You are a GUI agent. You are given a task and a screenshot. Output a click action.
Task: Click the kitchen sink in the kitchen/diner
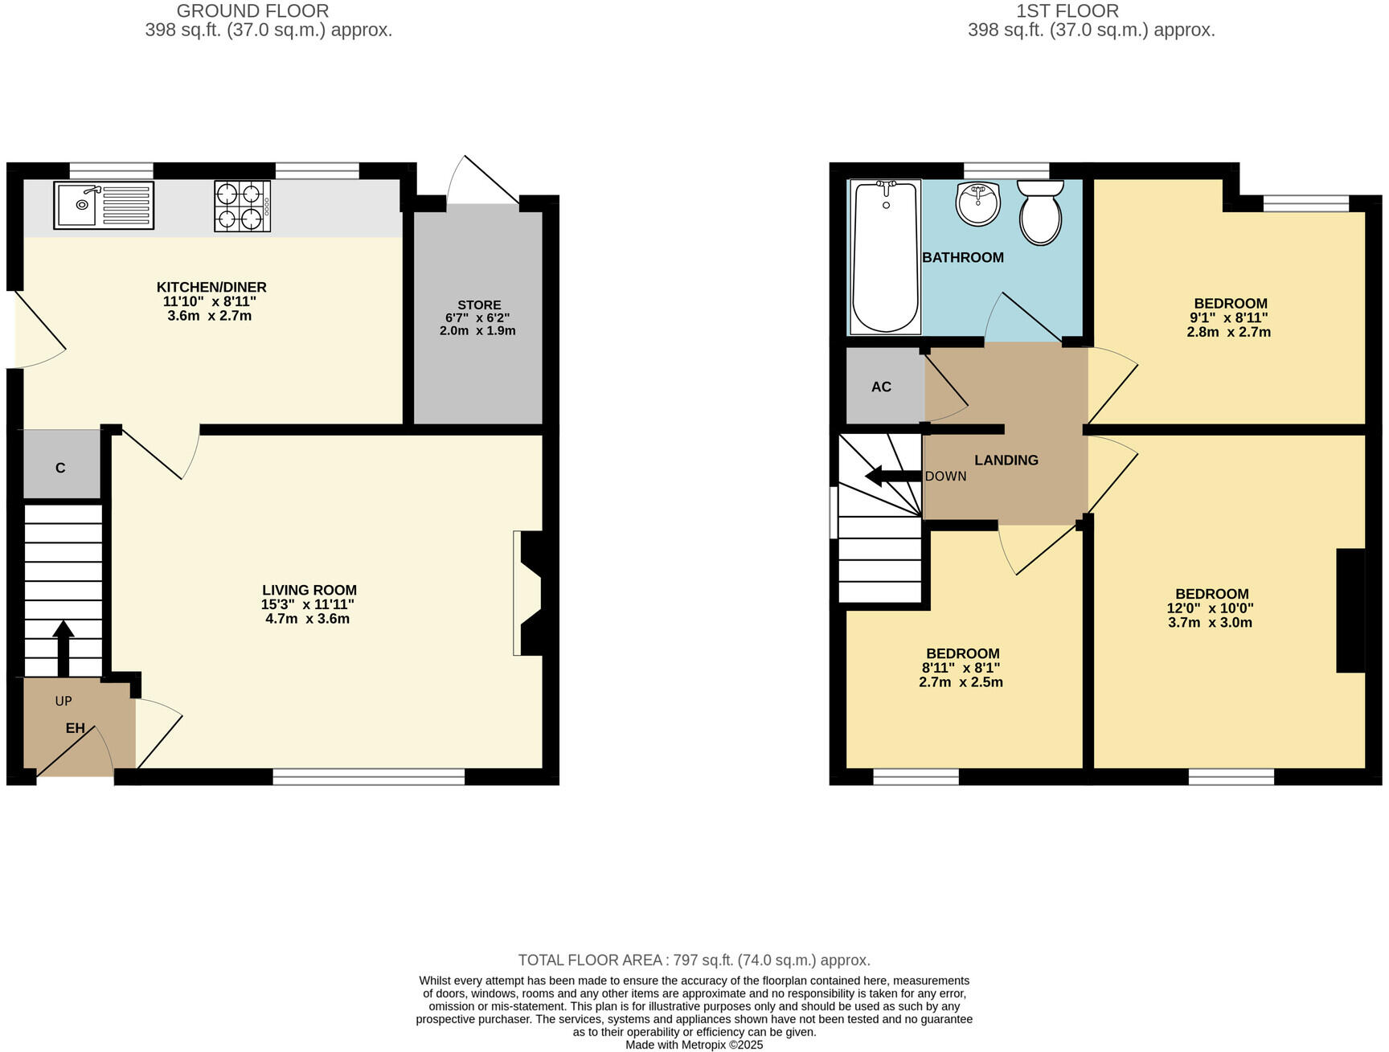pyautogui.click(x=103, y=205)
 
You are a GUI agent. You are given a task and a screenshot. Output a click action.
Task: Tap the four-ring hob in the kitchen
pyautogui.click(x=241, y=206)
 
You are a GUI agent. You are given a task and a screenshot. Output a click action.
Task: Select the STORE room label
pyautogui.click(x=479, y=305)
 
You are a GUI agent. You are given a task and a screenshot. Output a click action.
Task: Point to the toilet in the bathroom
pyautogui.click(x=1040, y=213)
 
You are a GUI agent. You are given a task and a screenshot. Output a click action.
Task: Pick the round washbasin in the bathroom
pyautogui.click(x=977, y=203)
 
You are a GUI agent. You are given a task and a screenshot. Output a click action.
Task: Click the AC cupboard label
pyautogui.click(x=881, y=387)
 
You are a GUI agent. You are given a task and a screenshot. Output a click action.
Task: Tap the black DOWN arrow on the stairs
pyautogui.click(x=891, y=477)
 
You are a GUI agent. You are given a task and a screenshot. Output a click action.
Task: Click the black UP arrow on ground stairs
pyautogui.click(x=64, y=646)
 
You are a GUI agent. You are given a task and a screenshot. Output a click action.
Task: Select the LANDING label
pyautogui.click(x=1006, y=460)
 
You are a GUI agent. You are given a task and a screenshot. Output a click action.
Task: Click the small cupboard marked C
pyautogui.click(x=60, y=467)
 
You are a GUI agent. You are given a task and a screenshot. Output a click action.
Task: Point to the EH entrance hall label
pyautogui.click(x=75, y=728)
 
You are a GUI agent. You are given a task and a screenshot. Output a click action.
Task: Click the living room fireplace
pyautogui.click(x=531, y=593)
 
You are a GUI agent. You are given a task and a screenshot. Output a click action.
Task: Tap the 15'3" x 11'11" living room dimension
pyautogui.click(x=308, y=604)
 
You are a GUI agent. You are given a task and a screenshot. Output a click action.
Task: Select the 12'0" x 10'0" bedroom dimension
pyautogui.click(x=1210, y=608)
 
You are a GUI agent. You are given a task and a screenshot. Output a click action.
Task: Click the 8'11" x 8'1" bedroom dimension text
pyautogui.click(x=961, y=668)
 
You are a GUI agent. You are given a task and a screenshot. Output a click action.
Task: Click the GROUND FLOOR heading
pyautogui.click(x=252, y=11)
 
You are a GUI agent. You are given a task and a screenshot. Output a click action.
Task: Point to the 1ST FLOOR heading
pyautogui.click(x=1067, y=11)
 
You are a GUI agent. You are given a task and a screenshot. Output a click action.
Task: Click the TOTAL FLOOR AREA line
pyautogui.click(x=694, y=960)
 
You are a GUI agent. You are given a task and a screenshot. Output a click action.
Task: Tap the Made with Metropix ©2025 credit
pyautogui.click(x=694, y=1045)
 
